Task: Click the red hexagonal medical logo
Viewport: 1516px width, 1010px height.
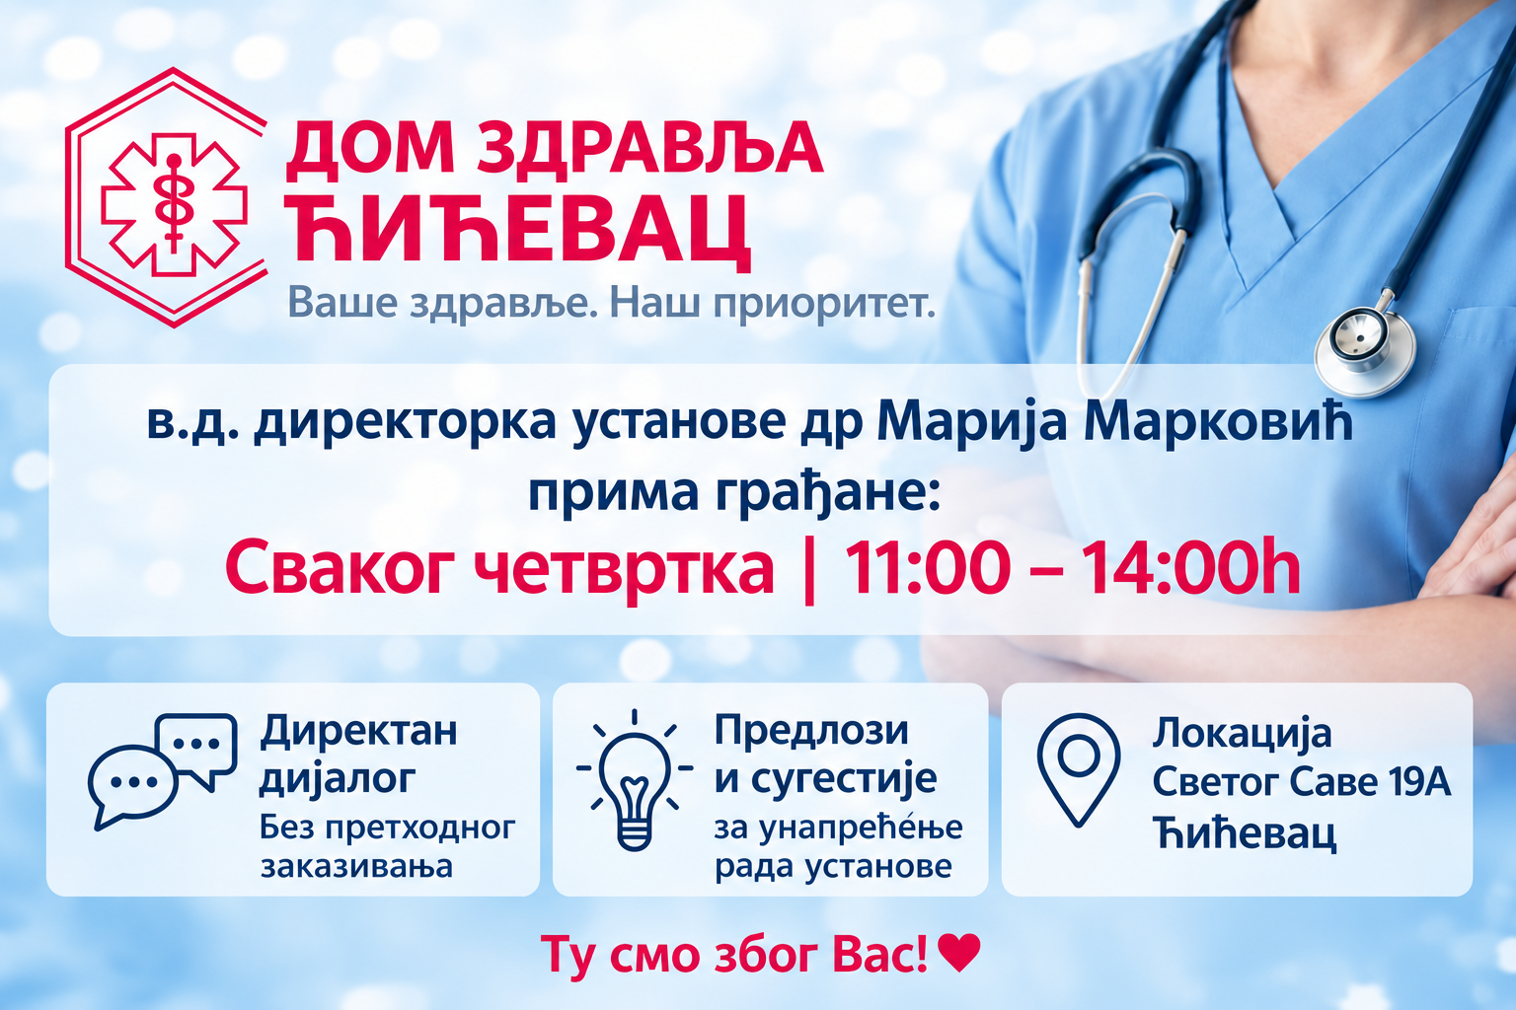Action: (x=166, y=197)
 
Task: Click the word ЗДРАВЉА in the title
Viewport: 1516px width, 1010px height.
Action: (x=649, y=151)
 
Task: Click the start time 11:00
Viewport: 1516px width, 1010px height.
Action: (x=926, y=567)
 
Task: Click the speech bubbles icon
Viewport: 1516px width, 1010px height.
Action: (x=163, y=771)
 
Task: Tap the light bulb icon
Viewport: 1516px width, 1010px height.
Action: (x=635, y=780)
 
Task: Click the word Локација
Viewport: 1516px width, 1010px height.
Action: (x=1242, y=734)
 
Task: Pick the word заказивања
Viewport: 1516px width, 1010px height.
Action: (x=356, y=867)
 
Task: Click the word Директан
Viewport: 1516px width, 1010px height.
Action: (x=358, y=731)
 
